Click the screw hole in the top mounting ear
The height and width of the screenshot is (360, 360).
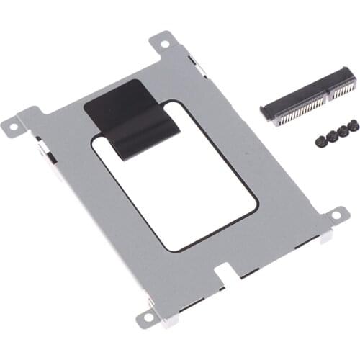click(x=166, y=45)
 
